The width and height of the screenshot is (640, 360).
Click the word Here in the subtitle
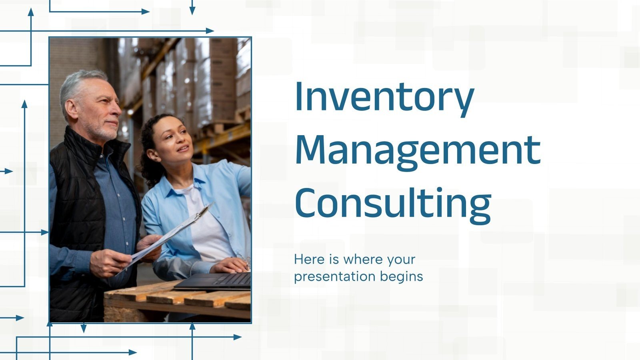click(309, 260)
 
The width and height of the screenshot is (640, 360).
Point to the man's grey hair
click(80, 84)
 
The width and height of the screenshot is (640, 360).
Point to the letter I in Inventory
click(298, 97)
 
